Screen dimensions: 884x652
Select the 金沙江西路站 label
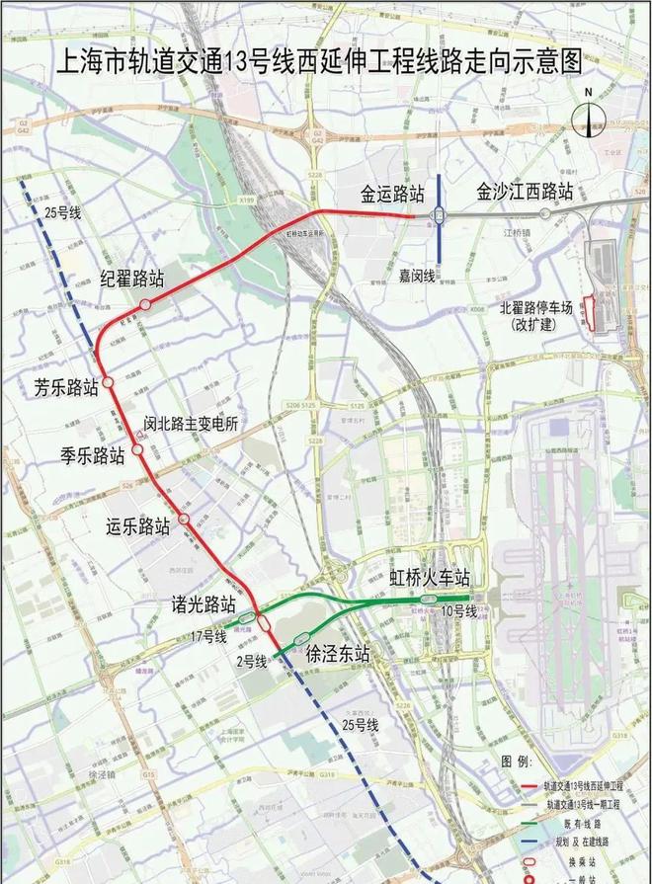click(525, 190)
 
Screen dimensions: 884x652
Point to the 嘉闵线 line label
click(418, 275)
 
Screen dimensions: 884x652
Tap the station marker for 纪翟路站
click(145, 305)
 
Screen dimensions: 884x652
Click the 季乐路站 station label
click(92, 455)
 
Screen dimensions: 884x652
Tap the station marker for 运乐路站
click(185, 520)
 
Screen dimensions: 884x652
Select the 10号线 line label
click(458, 612)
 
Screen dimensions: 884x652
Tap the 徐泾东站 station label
click(338, 653)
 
